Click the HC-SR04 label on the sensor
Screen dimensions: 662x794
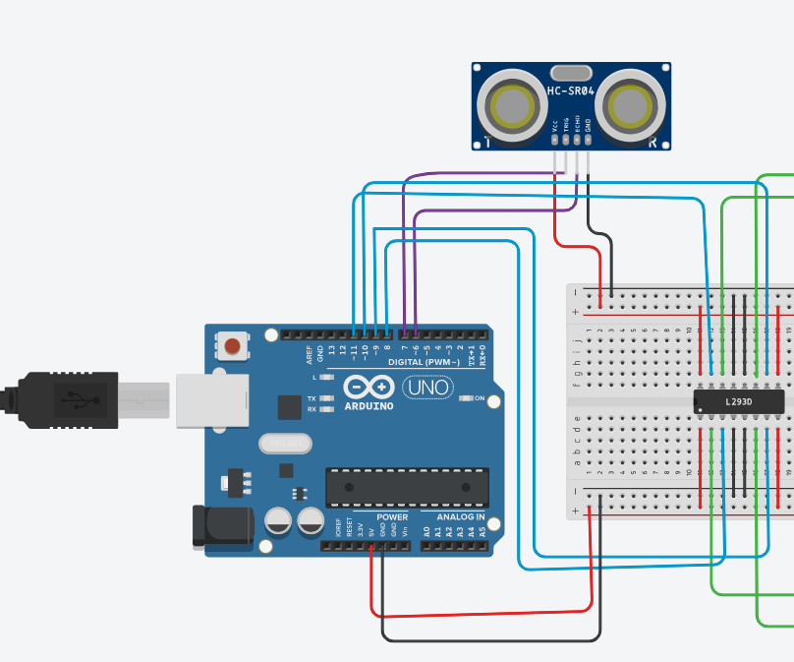[571, 90]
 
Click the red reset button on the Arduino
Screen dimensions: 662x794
[232, 346]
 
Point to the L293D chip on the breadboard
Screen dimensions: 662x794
[739, 401]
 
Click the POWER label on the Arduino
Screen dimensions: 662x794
[392, 516]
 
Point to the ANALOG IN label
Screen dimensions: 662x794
[454, 516]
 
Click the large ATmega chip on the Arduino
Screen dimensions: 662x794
[407, 487]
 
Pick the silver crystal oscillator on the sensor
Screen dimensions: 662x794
[571, 72]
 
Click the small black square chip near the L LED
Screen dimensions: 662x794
[290, 406]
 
